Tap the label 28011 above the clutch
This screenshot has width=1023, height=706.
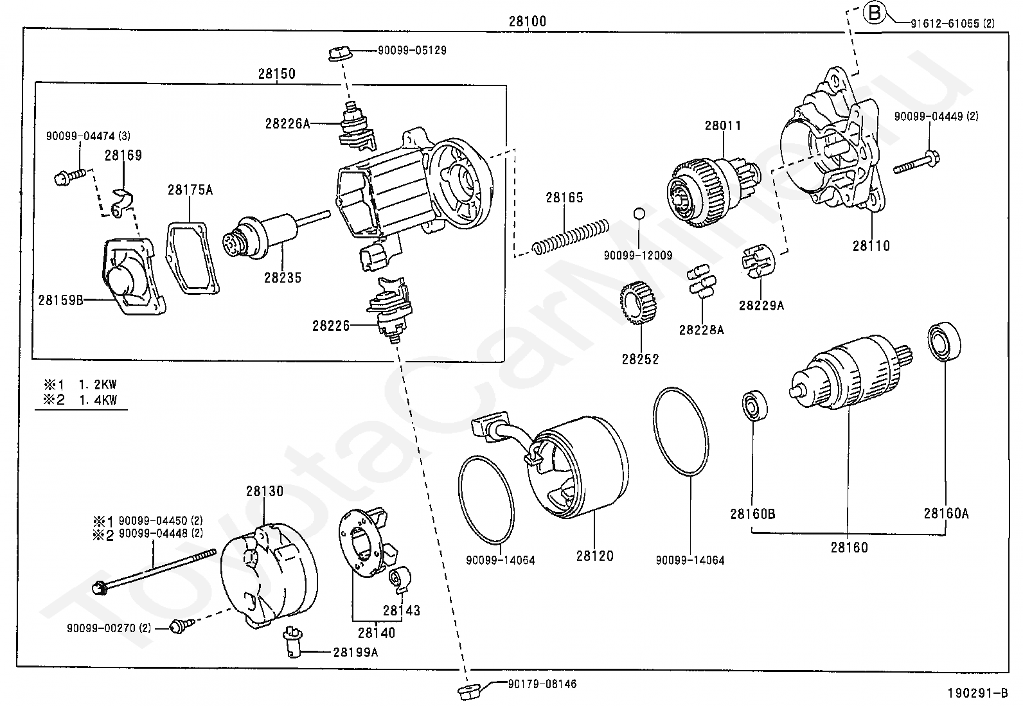coord(722,125)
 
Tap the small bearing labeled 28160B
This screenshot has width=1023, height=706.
coord(752,406)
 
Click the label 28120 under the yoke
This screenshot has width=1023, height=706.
coord(594,556)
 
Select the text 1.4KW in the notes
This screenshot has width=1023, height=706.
coord(98,400)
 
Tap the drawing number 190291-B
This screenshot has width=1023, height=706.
coord(977,693)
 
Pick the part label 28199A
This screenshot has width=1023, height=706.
coord(355,653)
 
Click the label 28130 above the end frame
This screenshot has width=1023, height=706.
coord(264,491)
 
